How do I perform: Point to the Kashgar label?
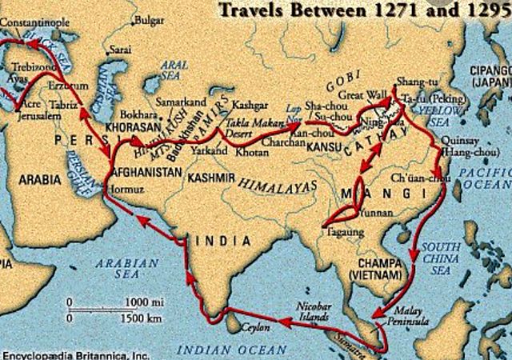coord(249,106)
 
